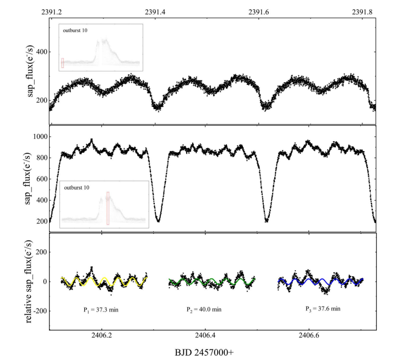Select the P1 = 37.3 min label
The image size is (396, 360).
pos(97,310)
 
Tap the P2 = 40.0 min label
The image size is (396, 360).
pos(205,310)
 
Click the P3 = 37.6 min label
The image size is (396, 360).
pos(323,309)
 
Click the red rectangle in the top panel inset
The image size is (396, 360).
pos(62,63)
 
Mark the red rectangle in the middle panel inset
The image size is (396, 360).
pos(108,208)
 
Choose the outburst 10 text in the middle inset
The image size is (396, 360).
pos(80,188)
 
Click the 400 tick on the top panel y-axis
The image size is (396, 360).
pos(39,52)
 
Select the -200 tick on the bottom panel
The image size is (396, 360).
pos(36,311)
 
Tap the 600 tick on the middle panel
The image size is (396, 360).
pos(39,179)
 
